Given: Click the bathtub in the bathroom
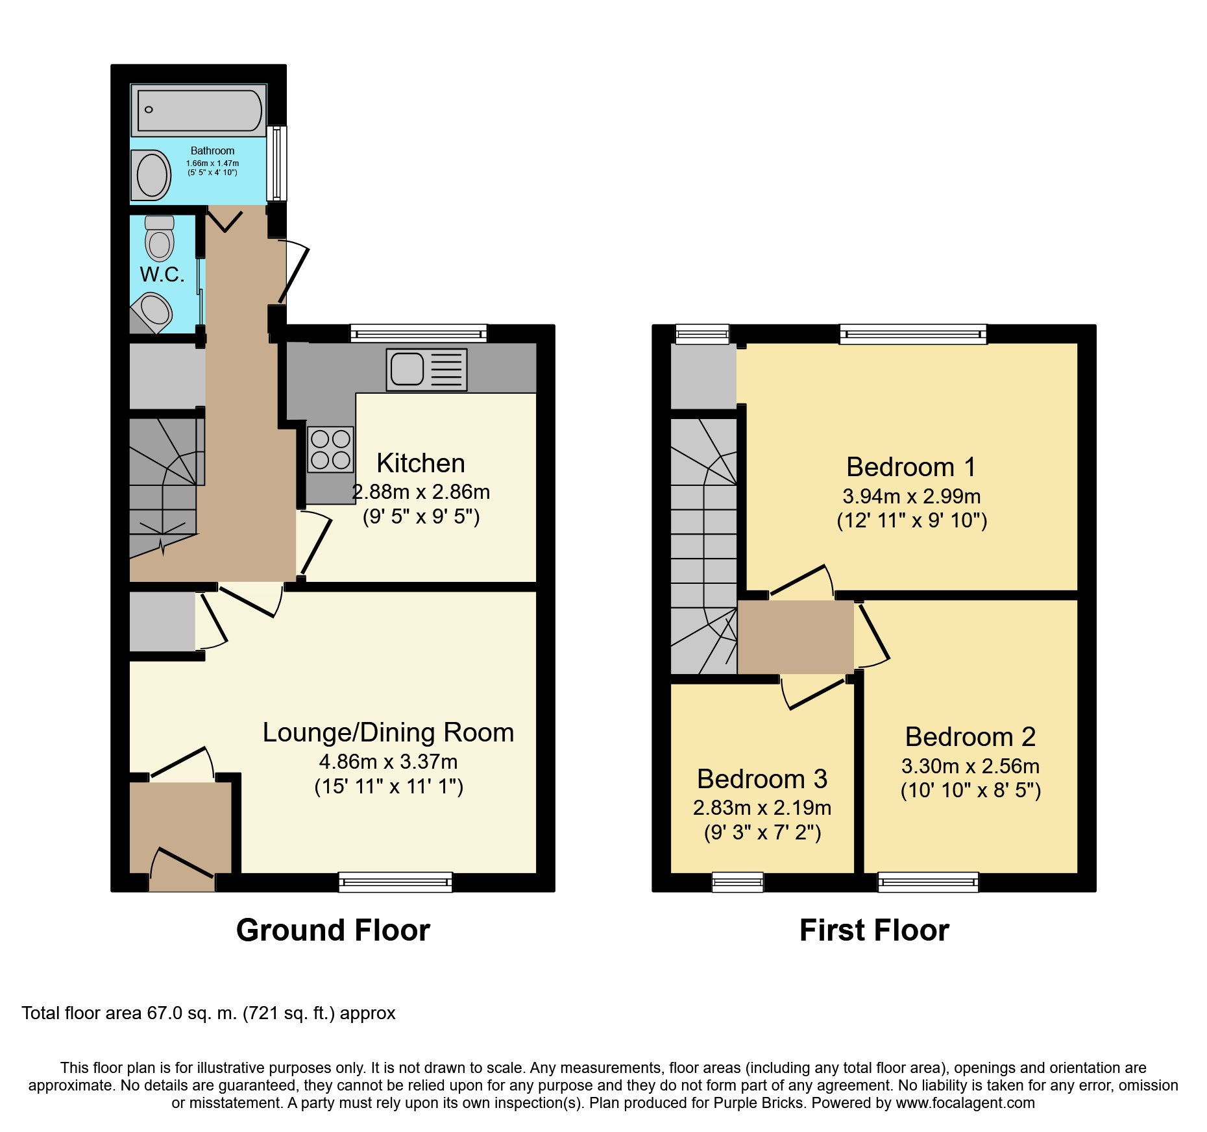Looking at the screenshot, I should (x=199, y=110).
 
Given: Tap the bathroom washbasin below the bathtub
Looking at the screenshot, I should (x=152, y=175).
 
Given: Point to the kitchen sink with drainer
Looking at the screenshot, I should (x=426, y=370).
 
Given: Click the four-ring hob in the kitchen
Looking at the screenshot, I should (x=330, y=450).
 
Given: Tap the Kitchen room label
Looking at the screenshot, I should (x=421, y=463).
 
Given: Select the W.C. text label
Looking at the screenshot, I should (x=162, y=274).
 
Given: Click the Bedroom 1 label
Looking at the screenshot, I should (x=911, y=467).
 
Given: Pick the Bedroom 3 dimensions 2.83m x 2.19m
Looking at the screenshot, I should (x=762, y=808).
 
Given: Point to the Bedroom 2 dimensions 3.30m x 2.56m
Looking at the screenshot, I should (x=970, y=766).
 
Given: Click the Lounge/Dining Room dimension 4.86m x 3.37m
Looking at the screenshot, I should (x=388, y=762).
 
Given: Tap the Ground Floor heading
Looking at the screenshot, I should (x=333, y=930).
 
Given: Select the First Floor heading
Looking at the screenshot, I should (x=874, y=930).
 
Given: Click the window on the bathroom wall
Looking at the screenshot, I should (x=277, y=163).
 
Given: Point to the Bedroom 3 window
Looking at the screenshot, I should (x=738, y=882).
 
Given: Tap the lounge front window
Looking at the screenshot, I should (x=395, y=882).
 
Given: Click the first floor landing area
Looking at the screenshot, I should (x=796, y=637).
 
